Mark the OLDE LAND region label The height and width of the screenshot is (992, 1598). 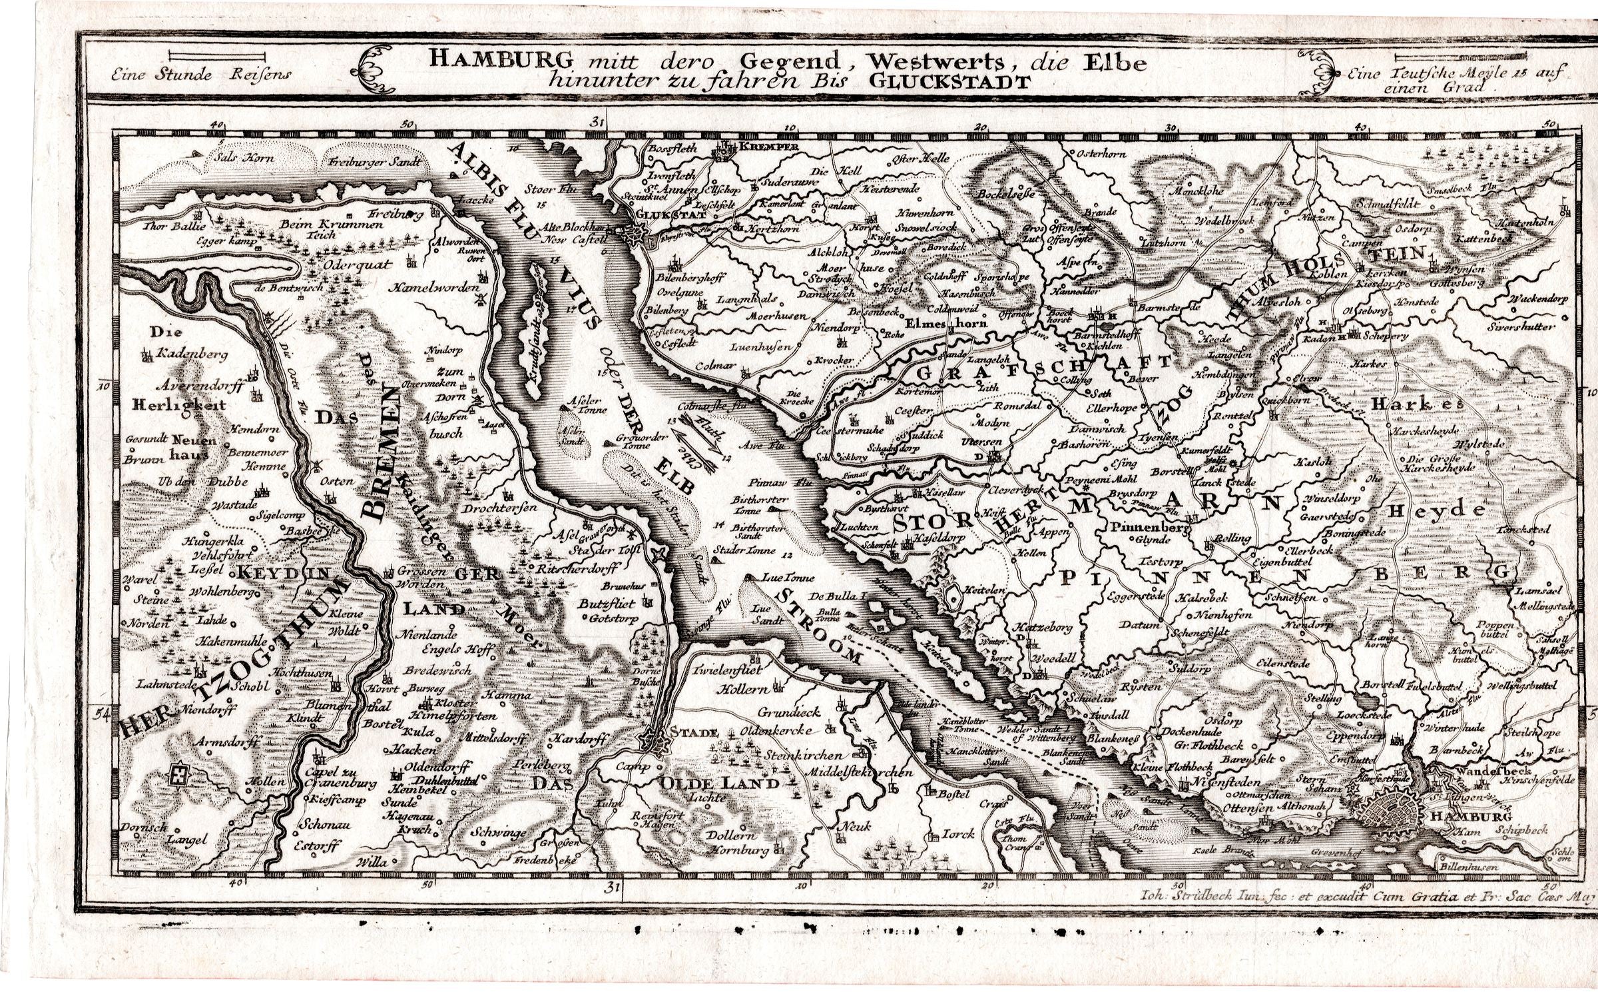(x=718, y=783)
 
